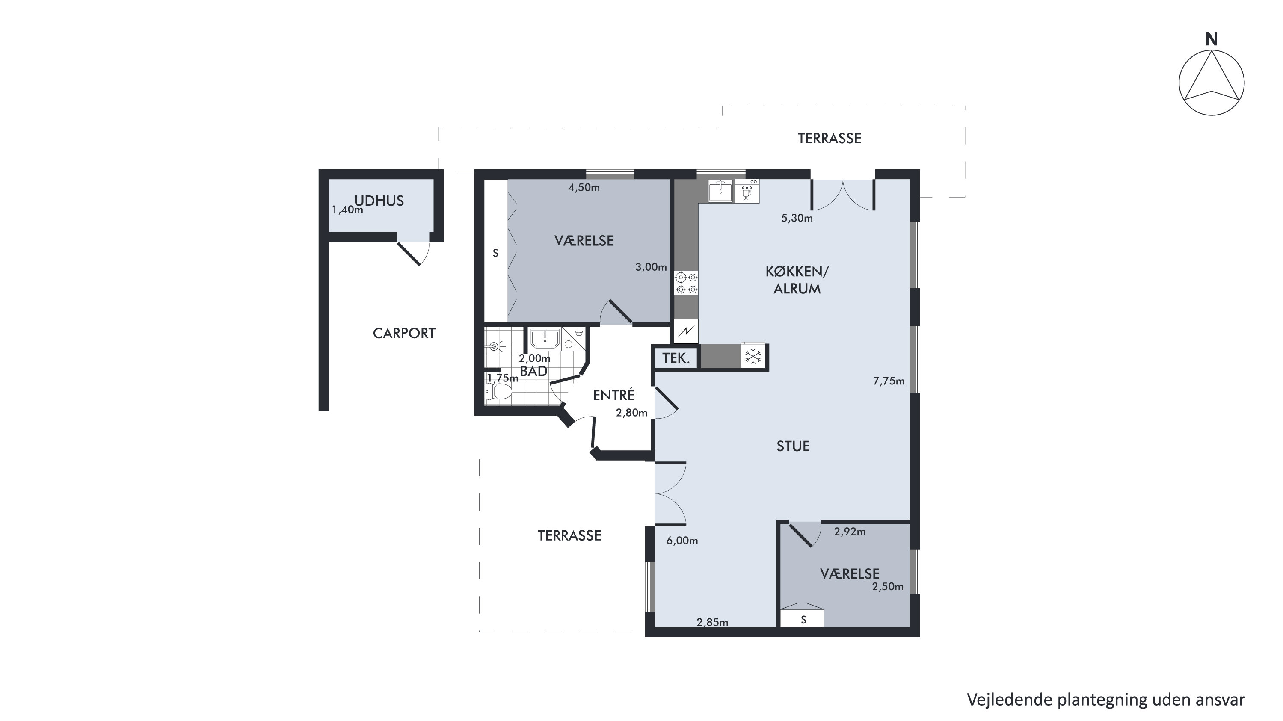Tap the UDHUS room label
point(379,201)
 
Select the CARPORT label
point(404,333)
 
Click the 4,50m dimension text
point(584,188)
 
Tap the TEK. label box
point(676,358)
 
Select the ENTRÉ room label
point(613,396)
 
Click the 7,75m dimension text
point(889,381)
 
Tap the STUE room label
point(793,446)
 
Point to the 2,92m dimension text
point(850,532)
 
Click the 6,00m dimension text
point(682,541)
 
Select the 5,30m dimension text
point(797,218)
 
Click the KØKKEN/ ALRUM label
point(797,280)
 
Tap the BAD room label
point(533,371)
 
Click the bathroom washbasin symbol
point(545,339)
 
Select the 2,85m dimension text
point(712,622)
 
